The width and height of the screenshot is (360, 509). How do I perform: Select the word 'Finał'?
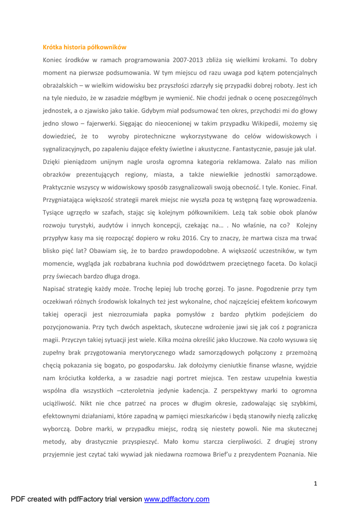point(308,187)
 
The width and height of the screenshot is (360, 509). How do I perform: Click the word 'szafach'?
point(99,212)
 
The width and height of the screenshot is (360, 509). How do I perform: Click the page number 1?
point(315,483)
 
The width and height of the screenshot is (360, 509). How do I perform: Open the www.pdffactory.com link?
point(177,499)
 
